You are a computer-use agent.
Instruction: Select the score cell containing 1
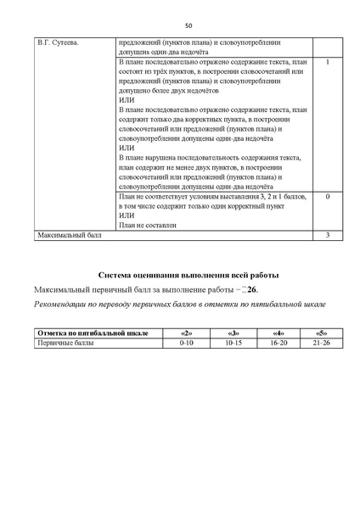(328, 63)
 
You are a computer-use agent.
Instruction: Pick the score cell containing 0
(328, 196)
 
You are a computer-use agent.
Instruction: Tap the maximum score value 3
(328, 234)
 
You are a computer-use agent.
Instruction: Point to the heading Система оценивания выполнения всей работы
(188, 276)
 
